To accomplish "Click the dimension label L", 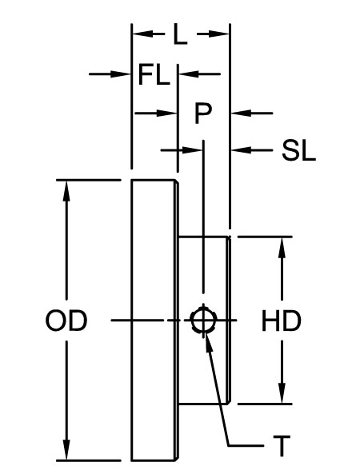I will [x=181, y=34].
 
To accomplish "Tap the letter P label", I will [x=203, y=114].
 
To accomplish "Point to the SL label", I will [x=298, y=150].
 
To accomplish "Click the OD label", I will [x=66, y=321].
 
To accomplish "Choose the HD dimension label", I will [x=281, y=321].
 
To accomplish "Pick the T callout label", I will [x=281, y=444].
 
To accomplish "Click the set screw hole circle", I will [x=202, y=321].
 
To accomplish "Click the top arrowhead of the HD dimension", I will [x=282, y=245].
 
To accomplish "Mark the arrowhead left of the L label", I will [x=140, y=34].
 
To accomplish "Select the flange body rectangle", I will [x=154, y=320].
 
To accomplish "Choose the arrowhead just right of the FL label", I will [x=185, y=74].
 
